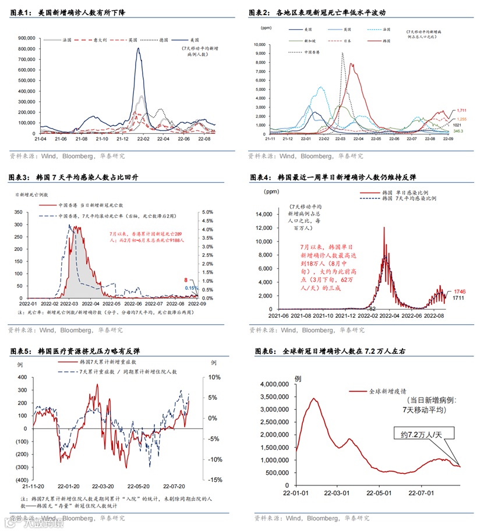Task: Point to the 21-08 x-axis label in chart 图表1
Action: tap(83, 139)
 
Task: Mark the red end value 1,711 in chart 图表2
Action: tap(462, 110)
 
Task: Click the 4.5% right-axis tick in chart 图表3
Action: tap(207, 221)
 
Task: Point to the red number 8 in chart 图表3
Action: tap(186, 280)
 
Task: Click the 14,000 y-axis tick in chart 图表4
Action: tap(264, 214)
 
